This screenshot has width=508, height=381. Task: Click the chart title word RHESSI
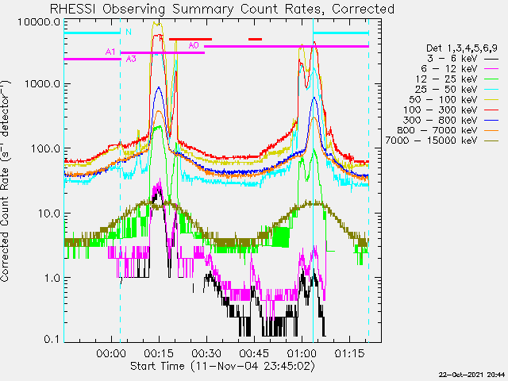tap(73, 9)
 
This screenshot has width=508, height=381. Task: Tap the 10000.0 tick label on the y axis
tap(39, 22)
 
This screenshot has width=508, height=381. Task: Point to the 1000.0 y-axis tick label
tap(42, 84)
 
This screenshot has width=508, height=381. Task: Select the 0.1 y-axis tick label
tap(52, 339)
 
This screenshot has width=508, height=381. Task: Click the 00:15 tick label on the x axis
tap(159, 353)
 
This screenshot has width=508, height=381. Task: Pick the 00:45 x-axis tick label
tap(254, 353)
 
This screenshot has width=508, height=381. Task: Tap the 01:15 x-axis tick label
tap(349, 353)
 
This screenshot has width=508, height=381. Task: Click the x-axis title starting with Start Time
tap(222, 366)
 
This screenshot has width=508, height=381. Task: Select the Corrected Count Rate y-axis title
tap(5, 181)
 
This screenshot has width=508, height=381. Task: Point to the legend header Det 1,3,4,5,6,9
tap(462, 48)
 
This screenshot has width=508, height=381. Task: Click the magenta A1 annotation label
tap(110, 52)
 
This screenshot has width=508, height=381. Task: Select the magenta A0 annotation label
tap(194, 45)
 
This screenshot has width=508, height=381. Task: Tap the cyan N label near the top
tap(129, 32)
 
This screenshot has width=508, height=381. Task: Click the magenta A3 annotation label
tap(131, 59)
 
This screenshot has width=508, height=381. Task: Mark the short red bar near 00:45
tap(255, 40)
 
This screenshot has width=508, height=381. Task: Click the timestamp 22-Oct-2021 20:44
tap(471, 375)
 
